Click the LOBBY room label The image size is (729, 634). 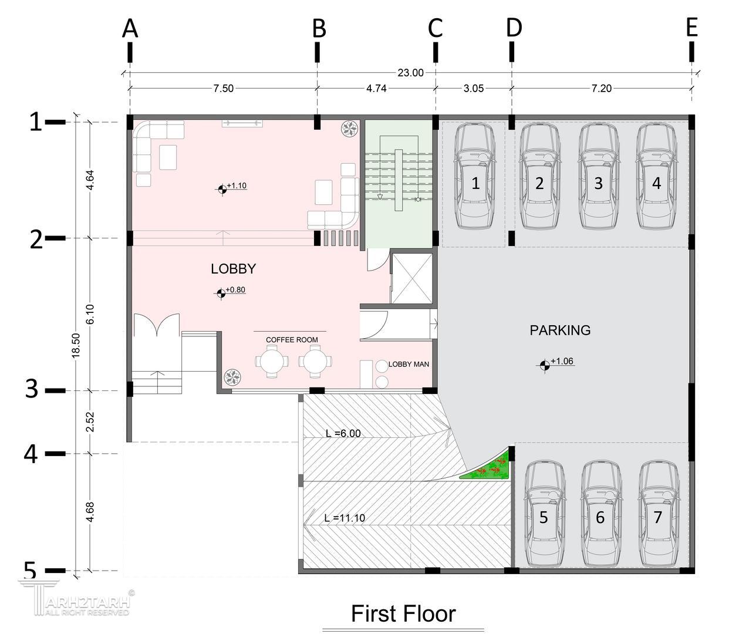tap(234, 269)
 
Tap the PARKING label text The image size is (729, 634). tap(560, 331)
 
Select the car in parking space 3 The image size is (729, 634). tap(598, 176)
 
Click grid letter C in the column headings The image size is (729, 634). tap(435, 28)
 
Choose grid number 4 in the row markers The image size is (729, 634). tap(31, 454)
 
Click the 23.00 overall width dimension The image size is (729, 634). tap(410, 73)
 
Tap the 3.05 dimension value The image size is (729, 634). tap(474, 88)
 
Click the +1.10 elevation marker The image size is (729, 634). tap(232, 187)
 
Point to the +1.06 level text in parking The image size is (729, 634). tap(556, 363)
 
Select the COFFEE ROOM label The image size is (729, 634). tap(292, 340)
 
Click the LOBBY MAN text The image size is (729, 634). tap(409, 364)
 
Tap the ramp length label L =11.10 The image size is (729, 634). tap(345, 518)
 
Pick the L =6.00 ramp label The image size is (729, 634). tap(343, 433)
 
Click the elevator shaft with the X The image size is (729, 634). tap(411, 278)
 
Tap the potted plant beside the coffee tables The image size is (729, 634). tap(232, 377)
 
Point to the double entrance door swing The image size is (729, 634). tap(156, 325)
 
